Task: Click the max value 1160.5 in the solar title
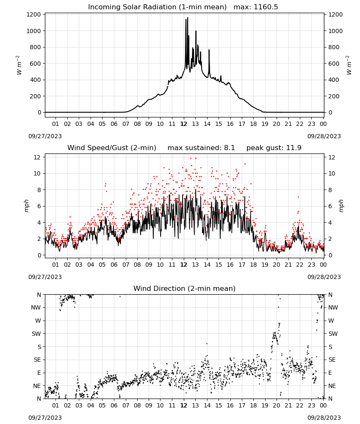(266, 7)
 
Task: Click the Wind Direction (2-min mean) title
(185, 288)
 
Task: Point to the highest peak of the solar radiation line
(188, 17)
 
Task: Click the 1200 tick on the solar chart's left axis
(33, 14)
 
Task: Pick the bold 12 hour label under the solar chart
(184, 124)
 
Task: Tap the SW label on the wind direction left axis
(36, 334)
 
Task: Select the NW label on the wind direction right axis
(333, 307)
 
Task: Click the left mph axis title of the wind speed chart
(26, 206)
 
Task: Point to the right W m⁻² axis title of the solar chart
(349, 65)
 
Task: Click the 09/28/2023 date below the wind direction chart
(324, 418)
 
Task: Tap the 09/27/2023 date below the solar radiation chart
(45, 136)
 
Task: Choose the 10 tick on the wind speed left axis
(37, 173)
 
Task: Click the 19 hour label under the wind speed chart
(265, 265)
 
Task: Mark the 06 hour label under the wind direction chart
(114, 406)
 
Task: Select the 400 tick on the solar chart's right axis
(334, 80)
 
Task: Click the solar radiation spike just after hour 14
(209, 50)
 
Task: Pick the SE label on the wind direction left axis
(37, 360)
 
